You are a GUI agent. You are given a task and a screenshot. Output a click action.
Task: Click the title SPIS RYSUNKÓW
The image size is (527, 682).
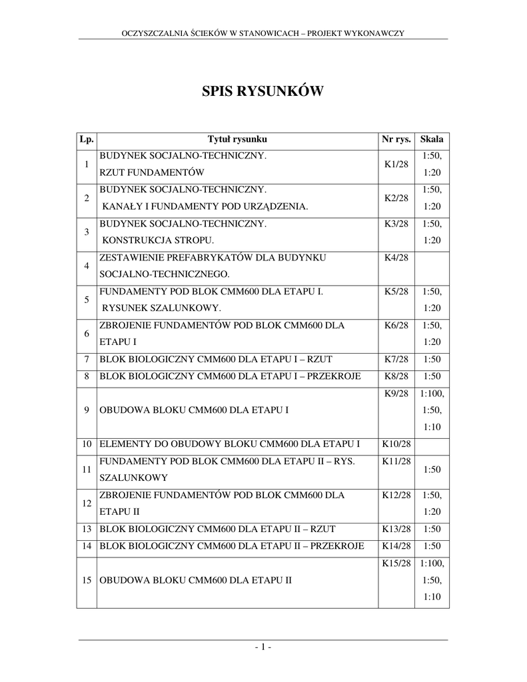coord(263,91)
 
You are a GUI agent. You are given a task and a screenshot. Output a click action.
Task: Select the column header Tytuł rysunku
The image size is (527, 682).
coord(237,139)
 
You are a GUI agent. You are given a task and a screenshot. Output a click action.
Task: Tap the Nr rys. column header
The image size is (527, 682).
coord(396,139)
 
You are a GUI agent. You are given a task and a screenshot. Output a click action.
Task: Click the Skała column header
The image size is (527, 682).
coord(432,139)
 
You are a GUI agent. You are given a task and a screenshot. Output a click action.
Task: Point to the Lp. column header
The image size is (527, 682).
coord(87,139)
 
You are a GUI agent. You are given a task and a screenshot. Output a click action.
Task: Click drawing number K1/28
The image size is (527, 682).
coord(396,165)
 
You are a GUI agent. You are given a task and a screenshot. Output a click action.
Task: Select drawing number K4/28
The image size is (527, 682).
coord(396,257)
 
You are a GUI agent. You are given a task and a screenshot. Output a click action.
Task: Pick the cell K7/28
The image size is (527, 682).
coord(396,360)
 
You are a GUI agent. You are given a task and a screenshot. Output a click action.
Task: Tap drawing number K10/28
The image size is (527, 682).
coord(396,444)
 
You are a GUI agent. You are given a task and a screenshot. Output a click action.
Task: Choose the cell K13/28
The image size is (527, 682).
coord(396,529)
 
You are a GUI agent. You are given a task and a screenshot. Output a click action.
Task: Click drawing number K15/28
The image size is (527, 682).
coord(396,563)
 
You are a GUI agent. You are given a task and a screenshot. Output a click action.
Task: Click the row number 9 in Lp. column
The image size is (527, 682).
coord(87,410)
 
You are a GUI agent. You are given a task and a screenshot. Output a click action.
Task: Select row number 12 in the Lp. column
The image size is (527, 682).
coord(87,504)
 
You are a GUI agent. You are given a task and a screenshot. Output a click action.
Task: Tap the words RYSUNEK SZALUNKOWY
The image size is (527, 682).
coord(161,308)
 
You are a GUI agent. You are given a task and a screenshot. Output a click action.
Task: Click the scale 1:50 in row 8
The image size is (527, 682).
coord(432,376)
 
